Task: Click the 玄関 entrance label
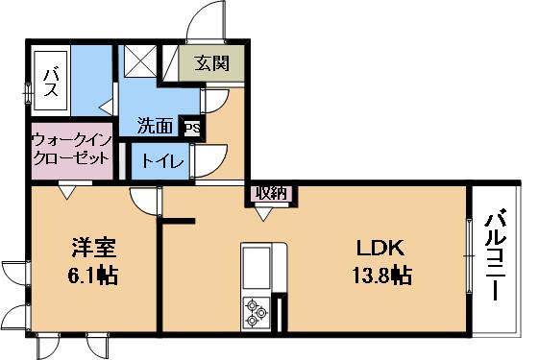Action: click(x=211, y=63)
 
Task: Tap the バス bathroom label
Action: click(x=51, y=82)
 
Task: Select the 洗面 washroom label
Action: click(x=155, y=126)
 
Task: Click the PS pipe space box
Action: click(x=192, y=128)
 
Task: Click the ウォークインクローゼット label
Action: click(x=72, y=149)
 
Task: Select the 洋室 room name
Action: click(x=94, y=248)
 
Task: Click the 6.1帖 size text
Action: click(x=93, y=275)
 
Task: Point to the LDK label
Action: click(x=380, y=248)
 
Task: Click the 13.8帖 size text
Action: click(x=381, y=275)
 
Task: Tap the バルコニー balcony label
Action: click(x=495, y=253)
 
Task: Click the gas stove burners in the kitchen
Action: click(x=257, y=312)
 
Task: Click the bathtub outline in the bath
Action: click(x=51, y=81)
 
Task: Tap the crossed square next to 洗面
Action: click(x=140, y=61)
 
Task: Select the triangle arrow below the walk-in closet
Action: click(x=67, y=192)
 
